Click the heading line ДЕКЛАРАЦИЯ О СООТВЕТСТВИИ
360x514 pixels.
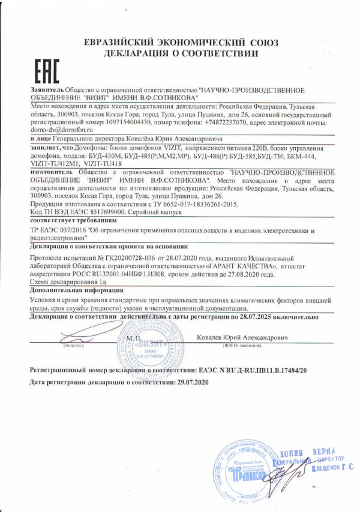pos(181,53)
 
